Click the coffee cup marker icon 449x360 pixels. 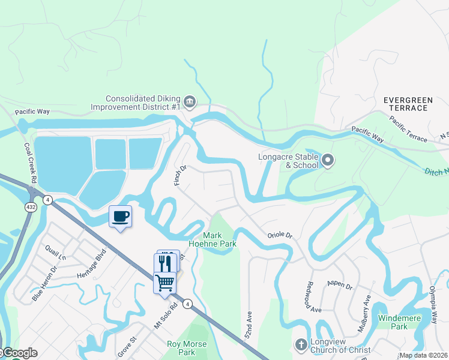click(120, 217)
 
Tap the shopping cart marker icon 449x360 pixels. click(164, 282)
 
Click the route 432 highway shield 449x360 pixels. click(29, 206)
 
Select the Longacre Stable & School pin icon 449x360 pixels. click(327, 160)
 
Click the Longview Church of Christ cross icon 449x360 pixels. click(301, 344)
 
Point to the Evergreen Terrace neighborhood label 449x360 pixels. click(414, 103)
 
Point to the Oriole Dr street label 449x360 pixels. click(279, 235)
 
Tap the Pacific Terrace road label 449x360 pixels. click(408, 130)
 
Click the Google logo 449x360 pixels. click(19, 353)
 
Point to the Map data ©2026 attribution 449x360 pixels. click(423, 355)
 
